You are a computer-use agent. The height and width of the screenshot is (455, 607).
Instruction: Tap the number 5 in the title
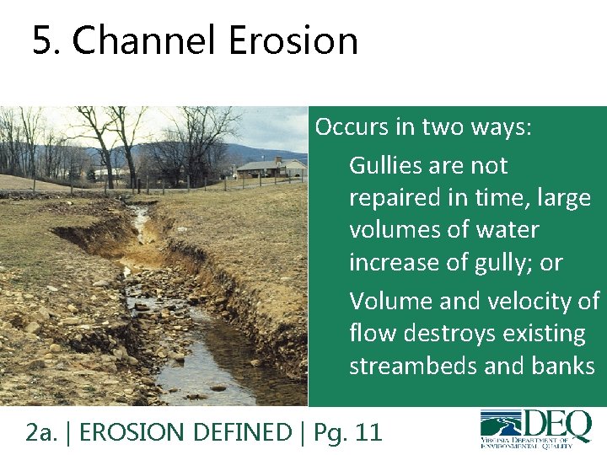pyautogui.click(x=40, y=40)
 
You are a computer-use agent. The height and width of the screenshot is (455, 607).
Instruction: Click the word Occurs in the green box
pyautogui.click(x=346, y=127)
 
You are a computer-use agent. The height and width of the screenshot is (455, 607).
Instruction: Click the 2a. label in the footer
pyautogui.click(x=40, y=433)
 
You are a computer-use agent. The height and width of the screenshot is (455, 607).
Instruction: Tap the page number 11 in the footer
pyautogui.click(x=368, y=433)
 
